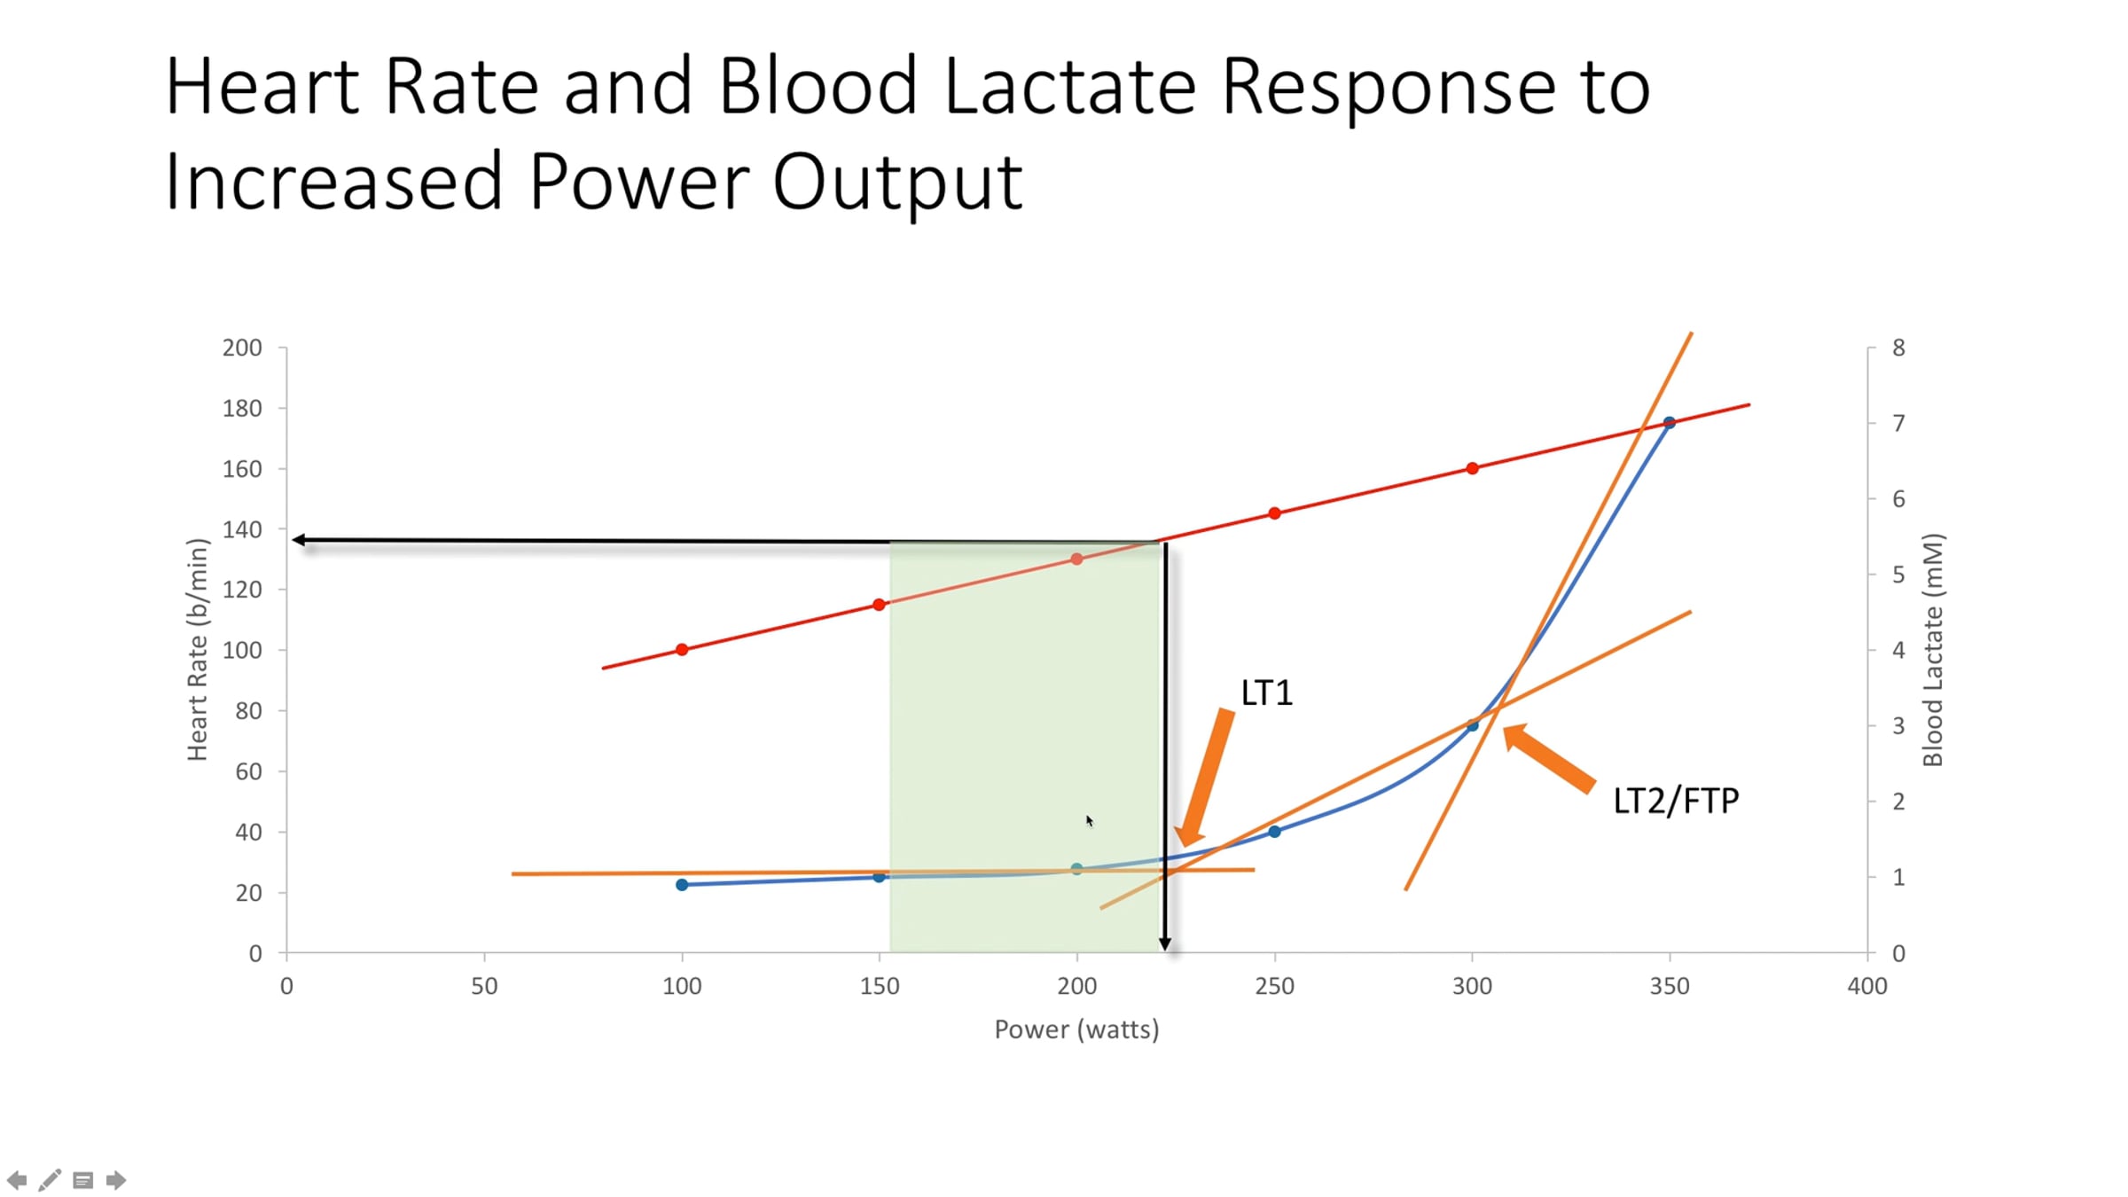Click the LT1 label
[1266, 692]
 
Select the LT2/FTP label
[1675, 801]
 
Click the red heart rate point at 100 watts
[682, 650]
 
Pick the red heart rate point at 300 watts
[1472, 468]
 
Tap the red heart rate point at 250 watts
[1274, 513]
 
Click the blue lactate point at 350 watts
[1669, 423]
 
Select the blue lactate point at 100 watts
[682, 885]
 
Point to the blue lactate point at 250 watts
[1274, 832]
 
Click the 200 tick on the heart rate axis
[242, 348]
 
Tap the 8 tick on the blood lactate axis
[1898, 348]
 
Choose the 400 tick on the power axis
[1866, 986]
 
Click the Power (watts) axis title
[1076, 1029]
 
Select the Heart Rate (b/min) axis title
[197, 650]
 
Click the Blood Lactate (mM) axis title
[1932, 650]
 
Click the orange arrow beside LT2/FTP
[1550, 759]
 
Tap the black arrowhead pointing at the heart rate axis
[300, 539]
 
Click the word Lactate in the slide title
[1069, 87]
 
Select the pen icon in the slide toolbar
[50, 1179]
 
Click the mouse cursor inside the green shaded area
[1089, 820]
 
